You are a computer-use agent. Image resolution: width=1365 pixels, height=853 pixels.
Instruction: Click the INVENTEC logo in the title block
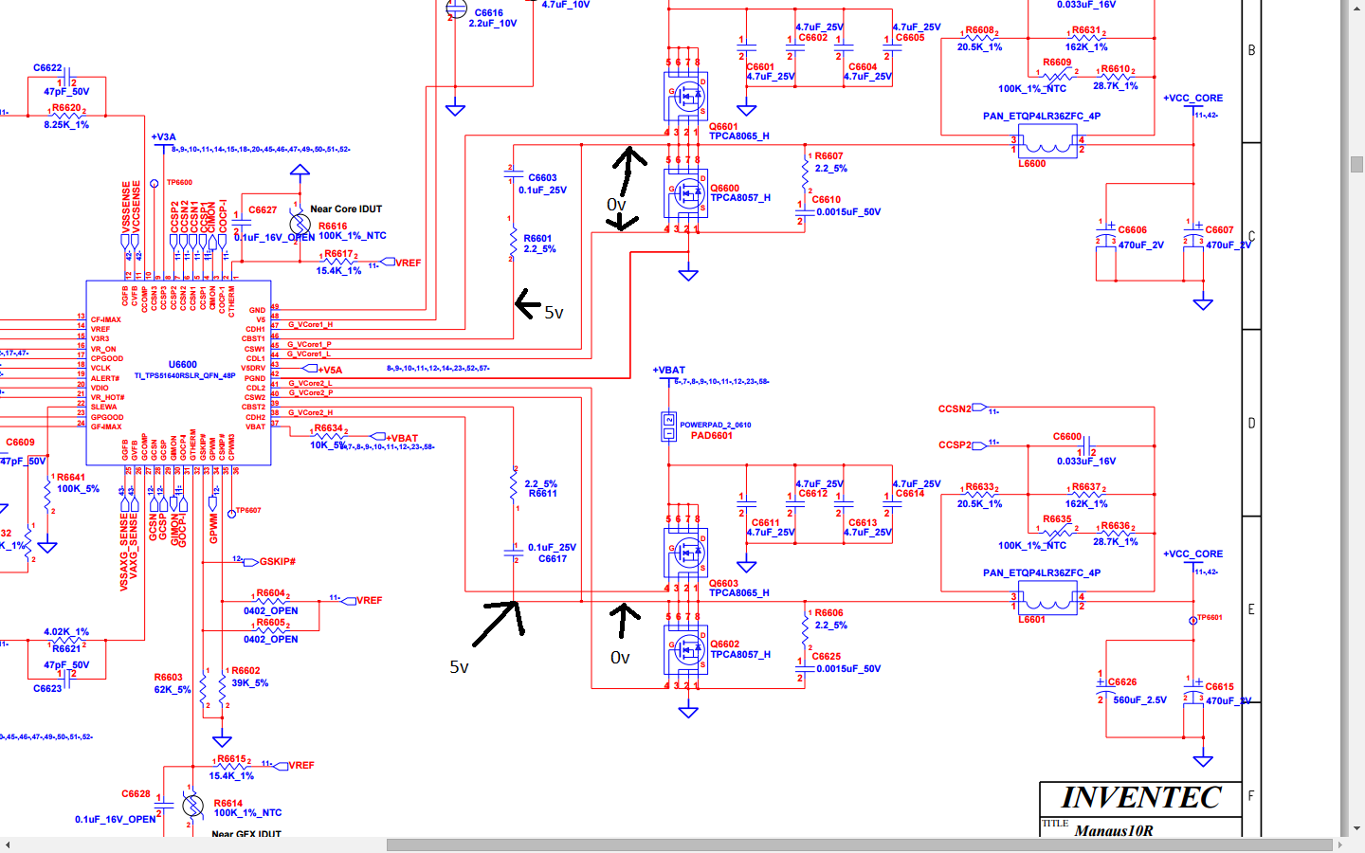1140,798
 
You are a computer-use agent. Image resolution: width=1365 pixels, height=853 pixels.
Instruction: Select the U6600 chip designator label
183,365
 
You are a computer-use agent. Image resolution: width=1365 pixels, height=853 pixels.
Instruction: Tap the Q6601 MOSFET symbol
687,95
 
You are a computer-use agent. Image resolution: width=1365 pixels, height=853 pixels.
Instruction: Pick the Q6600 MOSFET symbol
687,193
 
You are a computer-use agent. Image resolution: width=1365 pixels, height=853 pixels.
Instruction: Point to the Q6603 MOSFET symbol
687,552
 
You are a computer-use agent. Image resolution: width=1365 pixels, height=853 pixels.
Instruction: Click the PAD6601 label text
711,436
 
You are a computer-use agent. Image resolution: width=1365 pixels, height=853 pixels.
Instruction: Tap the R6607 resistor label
828,156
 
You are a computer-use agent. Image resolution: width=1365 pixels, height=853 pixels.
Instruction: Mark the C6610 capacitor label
826,200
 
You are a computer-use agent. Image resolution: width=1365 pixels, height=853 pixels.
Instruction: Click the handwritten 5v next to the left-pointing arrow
554,313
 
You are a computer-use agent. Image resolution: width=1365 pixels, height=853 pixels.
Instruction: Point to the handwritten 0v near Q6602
620,658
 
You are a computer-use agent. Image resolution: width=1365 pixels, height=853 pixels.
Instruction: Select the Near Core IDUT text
346,209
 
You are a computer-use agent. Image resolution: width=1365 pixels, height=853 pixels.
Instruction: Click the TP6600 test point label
179,183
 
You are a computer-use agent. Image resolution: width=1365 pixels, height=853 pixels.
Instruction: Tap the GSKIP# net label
278,562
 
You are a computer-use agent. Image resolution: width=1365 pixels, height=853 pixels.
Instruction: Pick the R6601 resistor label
537,239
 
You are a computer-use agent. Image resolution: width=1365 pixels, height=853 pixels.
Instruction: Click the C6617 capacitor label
553,559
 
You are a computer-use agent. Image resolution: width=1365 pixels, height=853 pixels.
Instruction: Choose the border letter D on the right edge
1251,424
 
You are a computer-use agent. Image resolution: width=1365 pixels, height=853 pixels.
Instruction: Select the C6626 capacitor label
1122,682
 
